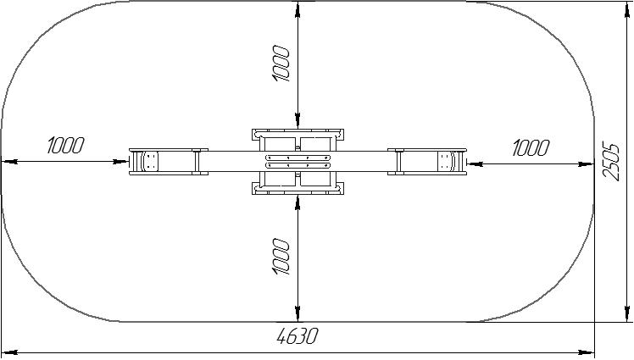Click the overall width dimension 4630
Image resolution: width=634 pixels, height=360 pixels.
(x=298, y=335)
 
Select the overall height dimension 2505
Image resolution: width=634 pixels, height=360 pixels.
(x=611, y=161)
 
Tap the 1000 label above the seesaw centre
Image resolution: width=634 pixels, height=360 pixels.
(x=281, y=64)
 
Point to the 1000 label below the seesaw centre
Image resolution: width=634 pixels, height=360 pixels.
(x=281, y=257)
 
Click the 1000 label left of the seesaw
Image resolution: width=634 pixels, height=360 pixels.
(x=65, y=146)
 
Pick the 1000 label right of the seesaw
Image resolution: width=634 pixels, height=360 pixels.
(x=531, y=148)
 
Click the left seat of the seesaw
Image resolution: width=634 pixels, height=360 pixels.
(x=149, y=162)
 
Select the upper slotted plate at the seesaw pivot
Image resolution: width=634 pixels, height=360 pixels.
(x=298, y=158)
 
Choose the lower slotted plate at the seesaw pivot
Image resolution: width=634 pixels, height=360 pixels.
(x=298, y=165)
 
